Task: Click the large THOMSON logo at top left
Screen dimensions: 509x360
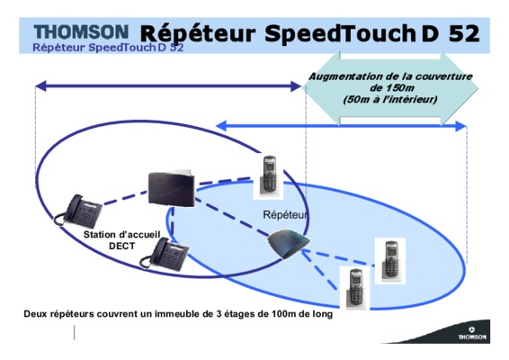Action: [81, 31]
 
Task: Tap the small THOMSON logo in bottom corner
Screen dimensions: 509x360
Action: [472, 334]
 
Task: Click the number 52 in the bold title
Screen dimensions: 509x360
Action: [464, 33]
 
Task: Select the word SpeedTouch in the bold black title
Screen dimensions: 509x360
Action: [340, 34]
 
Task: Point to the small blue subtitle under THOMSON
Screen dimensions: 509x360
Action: [108, 48]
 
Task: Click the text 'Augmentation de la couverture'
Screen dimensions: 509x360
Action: [390, 76]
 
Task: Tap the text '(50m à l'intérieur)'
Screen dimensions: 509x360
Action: [390, 99]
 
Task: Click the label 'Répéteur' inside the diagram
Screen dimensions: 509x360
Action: [285, 214]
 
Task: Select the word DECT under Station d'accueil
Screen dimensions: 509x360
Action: [121, 246]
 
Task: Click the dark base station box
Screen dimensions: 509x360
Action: [172, 188]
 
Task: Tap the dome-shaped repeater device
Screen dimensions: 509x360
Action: [289, 244]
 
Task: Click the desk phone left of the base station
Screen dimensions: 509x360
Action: [78, 211]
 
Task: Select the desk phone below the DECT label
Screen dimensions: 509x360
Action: [165, 254]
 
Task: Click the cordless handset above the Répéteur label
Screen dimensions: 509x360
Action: [269, 175]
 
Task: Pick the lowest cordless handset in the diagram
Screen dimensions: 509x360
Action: [355, 289]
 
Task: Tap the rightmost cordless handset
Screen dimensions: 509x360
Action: [390, 261]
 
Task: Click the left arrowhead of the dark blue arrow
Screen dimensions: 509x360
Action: [40, 86]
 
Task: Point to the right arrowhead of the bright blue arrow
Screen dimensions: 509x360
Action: [460, 126]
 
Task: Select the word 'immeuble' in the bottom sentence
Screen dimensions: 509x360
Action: [170, 314]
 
